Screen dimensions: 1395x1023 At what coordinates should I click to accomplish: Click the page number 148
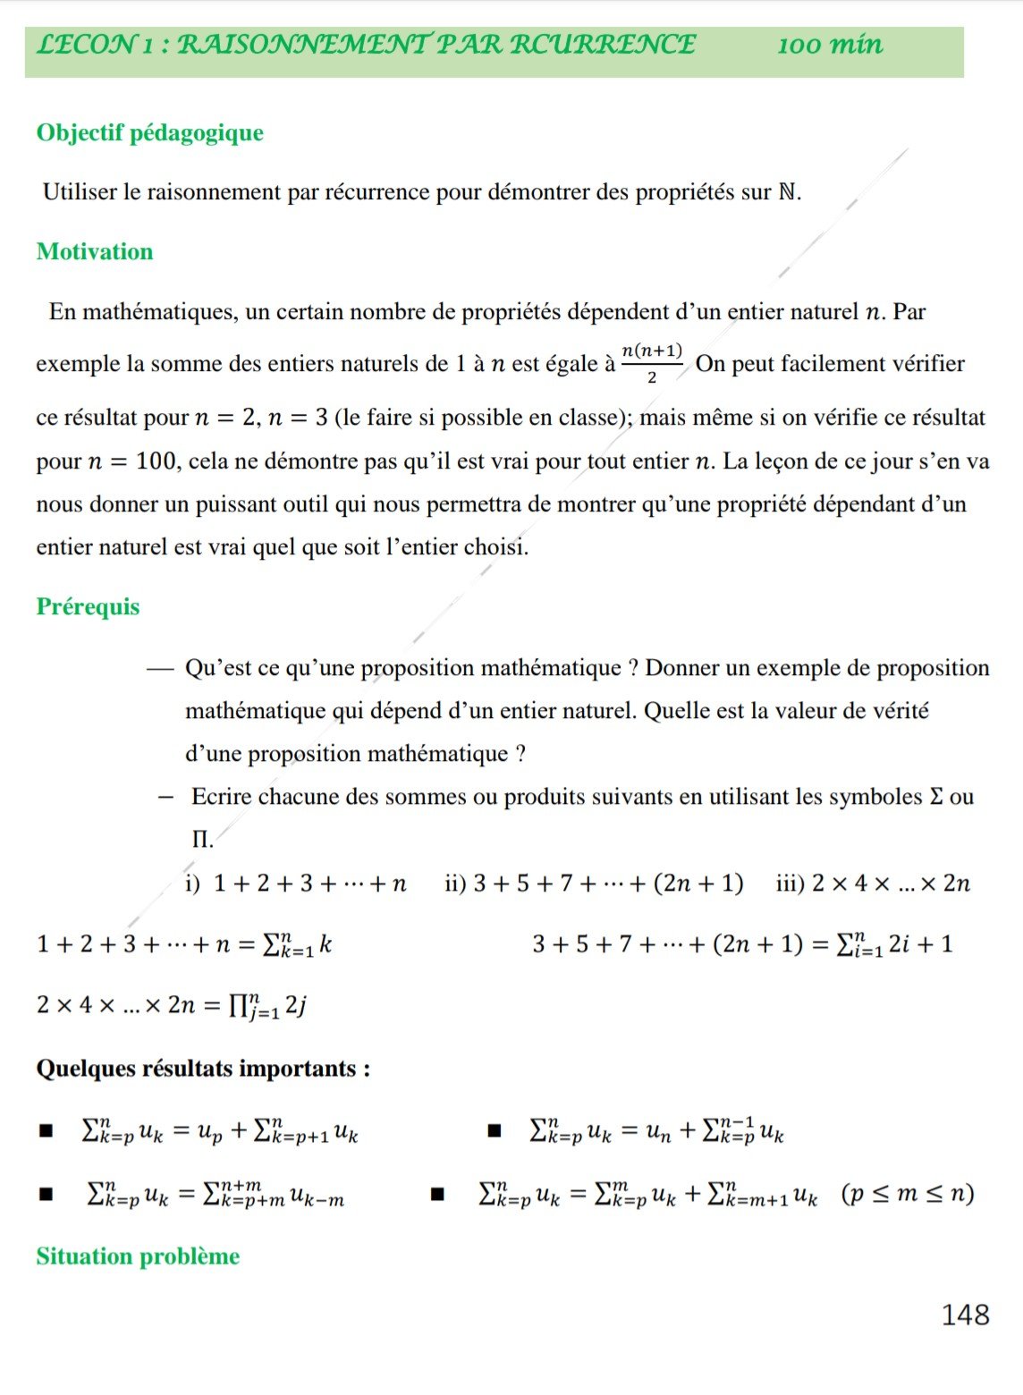[965, 1315]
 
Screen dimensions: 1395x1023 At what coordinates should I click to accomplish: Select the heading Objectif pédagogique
[149, 132]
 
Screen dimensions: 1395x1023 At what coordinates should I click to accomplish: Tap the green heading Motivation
[95, 251]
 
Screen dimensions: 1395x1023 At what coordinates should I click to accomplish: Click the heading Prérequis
[88, 606]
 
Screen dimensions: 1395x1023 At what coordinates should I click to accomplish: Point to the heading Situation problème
[138, 1256]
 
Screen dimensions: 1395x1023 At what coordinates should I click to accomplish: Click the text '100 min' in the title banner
[830, 45]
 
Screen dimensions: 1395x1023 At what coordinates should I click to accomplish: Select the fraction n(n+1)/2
[652, 362]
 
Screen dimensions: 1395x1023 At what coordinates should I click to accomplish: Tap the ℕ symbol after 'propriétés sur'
[787, 192]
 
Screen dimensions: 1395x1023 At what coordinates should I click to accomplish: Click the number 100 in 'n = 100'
[156, 461]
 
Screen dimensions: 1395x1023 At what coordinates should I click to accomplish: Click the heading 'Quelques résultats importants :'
[203, 1069]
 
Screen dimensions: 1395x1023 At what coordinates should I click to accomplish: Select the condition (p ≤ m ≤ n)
[907, 1194]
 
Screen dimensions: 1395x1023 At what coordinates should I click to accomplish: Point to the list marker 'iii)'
[790, 883]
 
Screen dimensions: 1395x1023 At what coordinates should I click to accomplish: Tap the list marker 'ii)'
[455, 883]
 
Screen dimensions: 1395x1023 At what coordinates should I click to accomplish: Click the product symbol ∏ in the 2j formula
[239, 1005]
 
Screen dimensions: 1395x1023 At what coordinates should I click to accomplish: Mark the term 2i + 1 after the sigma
[920, 944]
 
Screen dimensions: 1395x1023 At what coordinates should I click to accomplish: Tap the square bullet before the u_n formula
[494, 1131]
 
